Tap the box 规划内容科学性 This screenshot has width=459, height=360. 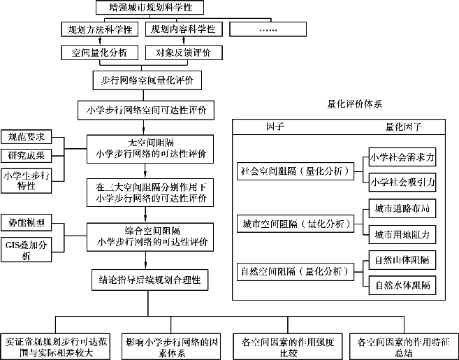[x=184, y=30]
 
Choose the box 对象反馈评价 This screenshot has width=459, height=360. [x=184, y=52]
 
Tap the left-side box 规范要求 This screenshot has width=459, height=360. [x=26, y=137]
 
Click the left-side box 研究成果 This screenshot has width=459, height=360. [x=26, y=155]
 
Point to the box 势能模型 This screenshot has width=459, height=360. [x=26, y=223]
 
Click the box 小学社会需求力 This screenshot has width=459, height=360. [x=402, y=157]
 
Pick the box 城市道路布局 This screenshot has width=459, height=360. [x=402, y=209]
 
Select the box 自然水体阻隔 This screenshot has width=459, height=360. [x=402, y=285]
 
